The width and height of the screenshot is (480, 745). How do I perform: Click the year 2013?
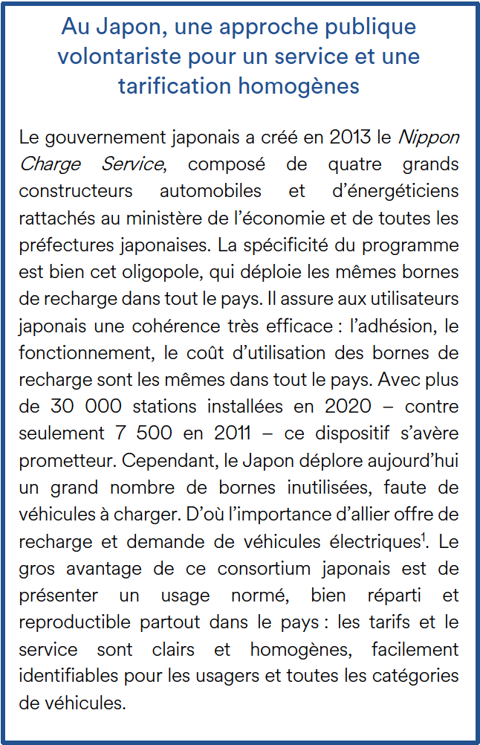point(349,137)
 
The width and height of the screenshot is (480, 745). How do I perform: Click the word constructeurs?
point(76,190)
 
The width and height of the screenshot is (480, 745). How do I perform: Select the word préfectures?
point(64,245)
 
